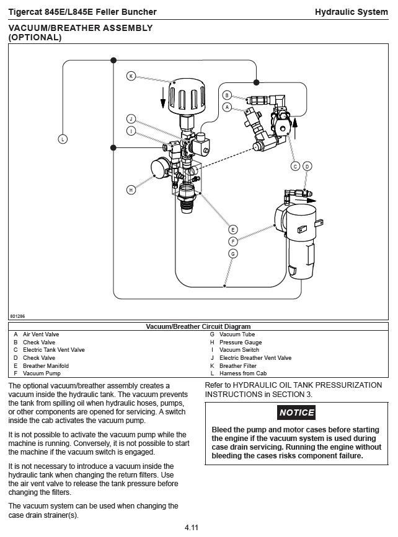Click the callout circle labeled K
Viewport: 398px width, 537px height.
tap(131, 76)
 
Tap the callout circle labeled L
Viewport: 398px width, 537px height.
tap(63, 139)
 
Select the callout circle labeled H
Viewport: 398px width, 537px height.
tap(131, 190)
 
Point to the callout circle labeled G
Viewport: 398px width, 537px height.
tap(233, 253)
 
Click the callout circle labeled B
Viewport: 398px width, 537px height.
tap(227, 95)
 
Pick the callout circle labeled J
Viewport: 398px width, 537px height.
tap(131, 118)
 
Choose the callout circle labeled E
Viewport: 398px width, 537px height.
tap(233, 230)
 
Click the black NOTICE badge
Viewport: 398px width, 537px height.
tap(296, 413)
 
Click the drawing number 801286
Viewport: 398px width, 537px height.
tap(17, 316)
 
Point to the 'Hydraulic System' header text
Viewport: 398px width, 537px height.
tap(351, 12)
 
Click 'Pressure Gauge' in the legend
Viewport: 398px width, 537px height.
tap(241, 343)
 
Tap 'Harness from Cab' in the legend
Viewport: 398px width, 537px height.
tap(243, 373)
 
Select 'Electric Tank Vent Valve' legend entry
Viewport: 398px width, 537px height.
tap(54, 350)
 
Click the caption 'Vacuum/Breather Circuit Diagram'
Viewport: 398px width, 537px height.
tap(198, 326)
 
